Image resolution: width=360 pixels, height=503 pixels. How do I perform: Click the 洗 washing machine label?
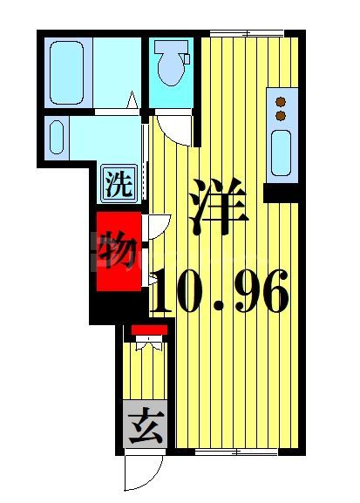pos(119,184)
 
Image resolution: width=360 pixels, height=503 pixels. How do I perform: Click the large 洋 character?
pos(218,207)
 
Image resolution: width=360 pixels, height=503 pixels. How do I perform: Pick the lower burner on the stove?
pos(281,114)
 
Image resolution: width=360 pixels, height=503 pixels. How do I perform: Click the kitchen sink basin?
pos(282,153)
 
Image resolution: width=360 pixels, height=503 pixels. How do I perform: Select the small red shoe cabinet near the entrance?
pos(148,330)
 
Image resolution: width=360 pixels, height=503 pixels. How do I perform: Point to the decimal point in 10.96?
pos(221,307)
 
